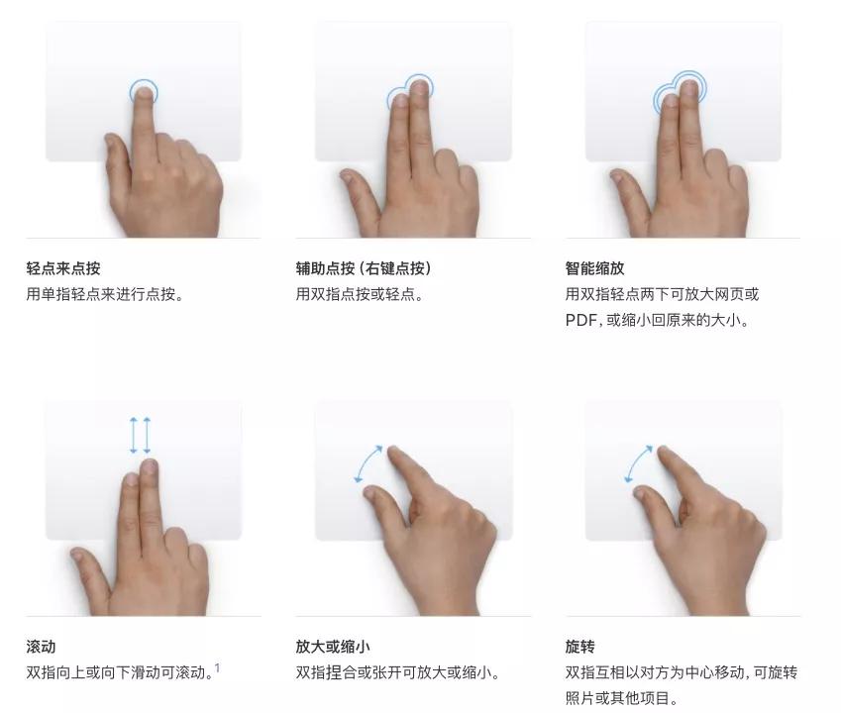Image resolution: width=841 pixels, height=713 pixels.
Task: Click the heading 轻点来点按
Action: click(x=63, y=268)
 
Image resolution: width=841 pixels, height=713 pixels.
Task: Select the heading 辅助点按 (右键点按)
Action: click(x=364, y=268)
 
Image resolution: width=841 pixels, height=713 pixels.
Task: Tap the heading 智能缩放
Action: click(x=594, y=268)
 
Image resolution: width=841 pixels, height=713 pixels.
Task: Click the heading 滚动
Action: click(x=41, y=647)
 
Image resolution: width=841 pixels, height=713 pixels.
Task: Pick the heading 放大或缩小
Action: click(x=333, y=647)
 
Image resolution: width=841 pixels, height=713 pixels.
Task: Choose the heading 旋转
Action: click(x=579, y=647)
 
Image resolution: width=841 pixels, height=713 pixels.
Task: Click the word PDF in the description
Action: click(x=581, y=321)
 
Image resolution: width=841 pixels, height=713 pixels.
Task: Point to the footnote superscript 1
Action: click(x=217, y=667)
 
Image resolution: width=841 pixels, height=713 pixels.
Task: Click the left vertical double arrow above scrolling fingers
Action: click(x=134, y=436)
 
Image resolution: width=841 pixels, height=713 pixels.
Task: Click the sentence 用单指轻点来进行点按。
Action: click(x=105, y=294)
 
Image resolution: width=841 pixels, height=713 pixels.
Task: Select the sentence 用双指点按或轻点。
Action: click(x=360, y=294)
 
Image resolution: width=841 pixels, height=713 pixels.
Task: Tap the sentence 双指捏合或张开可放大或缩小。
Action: click(x=397, y=672)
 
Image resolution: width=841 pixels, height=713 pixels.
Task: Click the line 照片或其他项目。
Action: click(x=622, y=698)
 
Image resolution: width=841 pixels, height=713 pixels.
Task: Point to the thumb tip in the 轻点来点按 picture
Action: click(x=111, y=142)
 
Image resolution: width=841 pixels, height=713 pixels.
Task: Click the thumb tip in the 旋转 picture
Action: click(x=641, y=492)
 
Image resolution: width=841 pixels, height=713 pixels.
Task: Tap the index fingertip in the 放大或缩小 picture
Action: click(x=394, y=452)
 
